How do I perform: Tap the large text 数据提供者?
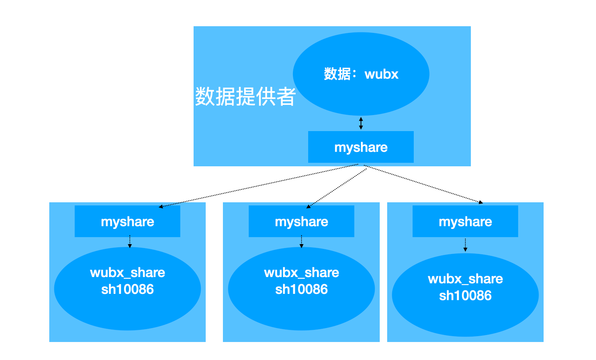(245, 97)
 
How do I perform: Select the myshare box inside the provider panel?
(361, 147)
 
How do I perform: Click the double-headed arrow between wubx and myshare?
(361, 123)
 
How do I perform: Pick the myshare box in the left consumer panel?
(127, 221)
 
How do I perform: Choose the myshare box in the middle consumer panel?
(302, 221)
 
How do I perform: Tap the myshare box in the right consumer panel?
(465, 221)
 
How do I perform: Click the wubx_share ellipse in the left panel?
(127, 309)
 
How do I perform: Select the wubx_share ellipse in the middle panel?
(302, 309)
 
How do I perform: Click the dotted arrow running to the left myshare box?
(258, 185)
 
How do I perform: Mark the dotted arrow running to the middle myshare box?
(336, 187)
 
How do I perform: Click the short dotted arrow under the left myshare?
(130, 242)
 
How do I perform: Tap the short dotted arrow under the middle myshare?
(302, 242)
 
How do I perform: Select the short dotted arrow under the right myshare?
(465, 245)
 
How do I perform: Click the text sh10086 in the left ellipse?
(127, 290)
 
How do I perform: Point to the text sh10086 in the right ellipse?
(465, 296)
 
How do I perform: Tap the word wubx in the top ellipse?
(381, 74)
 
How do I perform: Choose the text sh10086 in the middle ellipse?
(302, 290)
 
